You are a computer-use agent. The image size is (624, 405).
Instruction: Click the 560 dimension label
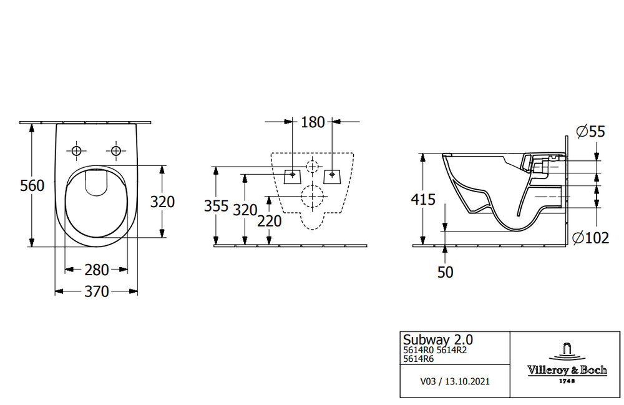(32, 185)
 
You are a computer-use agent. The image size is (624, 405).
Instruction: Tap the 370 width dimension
(96, 291)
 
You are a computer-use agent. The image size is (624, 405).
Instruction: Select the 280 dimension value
(96, 270)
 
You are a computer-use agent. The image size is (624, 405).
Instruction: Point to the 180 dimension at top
(313, 122)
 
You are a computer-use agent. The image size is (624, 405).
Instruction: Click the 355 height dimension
(216, 206)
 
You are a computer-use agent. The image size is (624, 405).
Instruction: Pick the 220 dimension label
(270, 221)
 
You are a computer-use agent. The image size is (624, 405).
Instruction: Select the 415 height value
(423, 199)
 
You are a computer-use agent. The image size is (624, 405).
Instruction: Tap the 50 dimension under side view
(446, 272)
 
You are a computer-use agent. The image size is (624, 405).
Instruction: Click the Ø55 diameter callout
(590, 131)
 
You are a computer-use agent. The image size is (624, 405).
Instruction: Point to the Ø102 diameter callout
(590, 238)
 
